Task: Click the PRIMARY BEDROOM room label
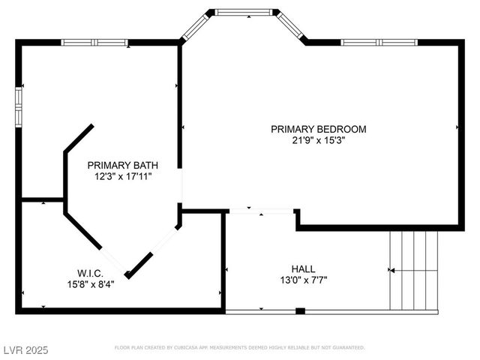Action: (x=318, y=129)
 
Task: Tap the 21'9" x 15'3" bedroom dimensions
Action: (x=318, y=140)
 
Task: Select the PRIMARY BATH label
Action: (x=122, y=165)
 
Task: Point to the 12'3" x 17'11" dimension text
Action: (x=122, y=176)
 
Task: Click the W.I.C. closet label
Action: (x=89, y=273)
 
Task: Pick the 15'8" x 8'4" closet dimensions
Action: (x=89, y=284)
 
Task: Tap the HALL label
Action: (x=303, y=268)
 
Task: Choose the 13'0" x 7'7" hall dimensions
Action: (x=303, y=280)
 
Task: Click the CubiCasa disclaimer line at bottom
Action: (x=239, y=348)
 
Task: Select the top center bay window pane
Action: (x=243, y=12)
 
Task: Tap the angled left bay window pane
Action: (x=193, y=27)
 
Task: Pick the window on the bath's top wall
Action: (x=94, y=42)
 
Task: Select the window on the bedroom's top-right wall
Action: (x=379, y=42)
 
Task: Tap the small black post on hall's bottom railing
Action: (x=300, y=310)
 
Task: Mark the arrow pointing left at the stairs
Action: (x=391, y=270)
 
